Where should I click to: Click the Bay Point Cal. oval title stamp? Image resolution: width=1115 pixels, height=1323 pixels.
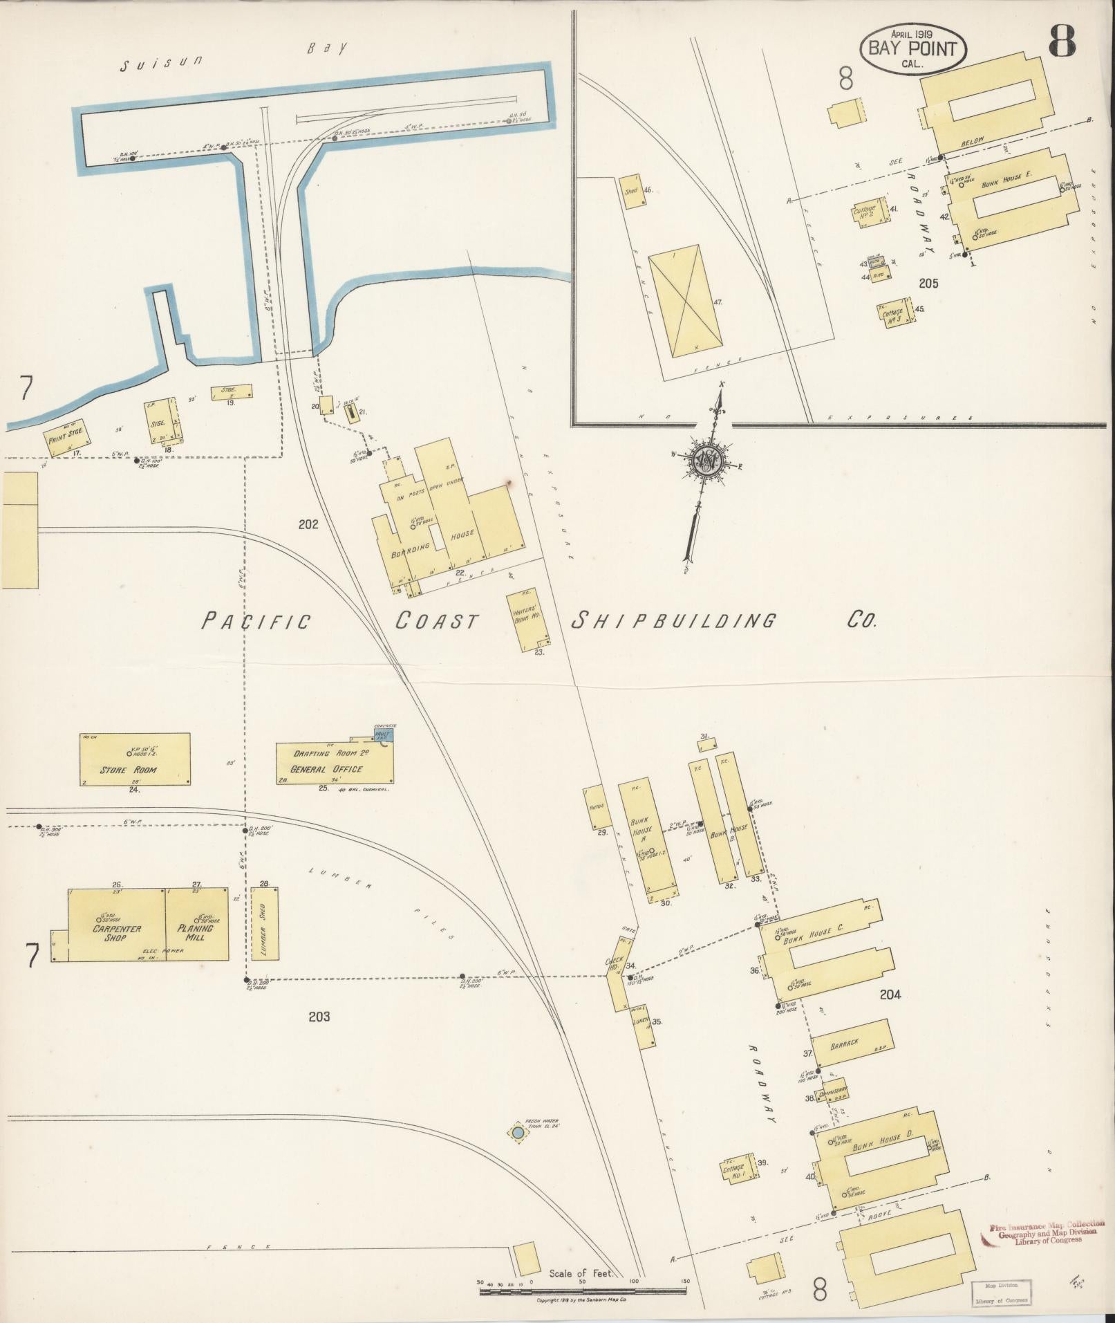912,50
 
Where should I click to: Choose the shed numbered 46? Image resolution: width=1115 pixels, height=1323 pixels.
633,189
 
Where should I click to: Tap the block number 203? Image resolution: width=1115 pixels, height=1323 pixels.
319,1016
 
